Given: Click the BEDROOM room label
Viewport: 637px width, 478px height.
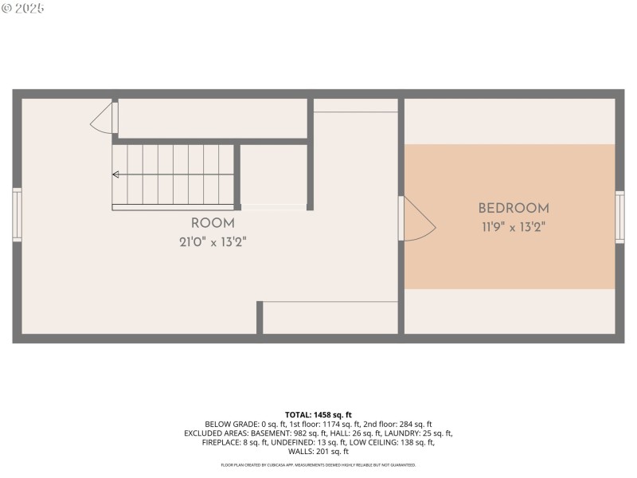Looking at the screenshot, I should pos(514,209).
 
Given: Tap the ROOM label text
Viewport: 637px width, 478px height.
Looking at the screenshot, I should pos(213,224).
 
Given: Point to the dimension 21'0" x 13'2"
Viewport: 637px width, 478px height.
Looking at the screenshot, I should pos(213,241).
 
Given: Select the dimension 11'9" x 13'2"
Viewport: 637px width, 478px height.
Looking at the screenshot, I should pos(514,226).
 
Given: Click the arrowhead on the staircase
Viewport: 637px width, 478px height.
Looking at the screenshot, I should pos(116,174).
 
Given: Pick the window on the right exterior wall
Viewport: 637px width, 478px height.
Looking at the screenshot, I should pos(619,217).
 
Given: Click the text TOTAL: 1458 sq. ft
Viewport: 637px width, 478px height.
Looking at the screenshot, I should pos(318,415).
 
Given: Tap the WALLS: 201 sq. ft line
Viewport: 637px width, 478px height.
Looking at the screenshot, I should pos(318,452).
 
